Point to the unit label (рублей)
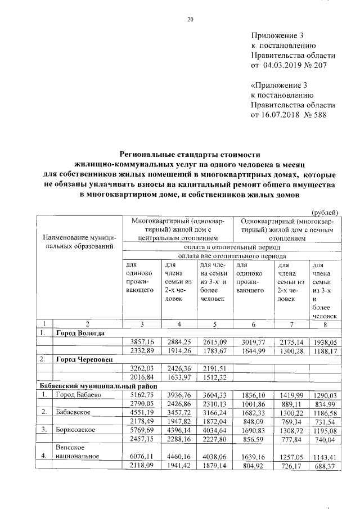point(325,212)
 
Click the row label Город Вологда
point(80,332)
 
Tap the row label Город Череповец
point(84,358)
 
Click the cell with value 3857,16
point(142,341)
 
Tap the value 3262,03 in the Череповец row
point(142,367)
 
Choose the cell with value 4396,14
point(177,430)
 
